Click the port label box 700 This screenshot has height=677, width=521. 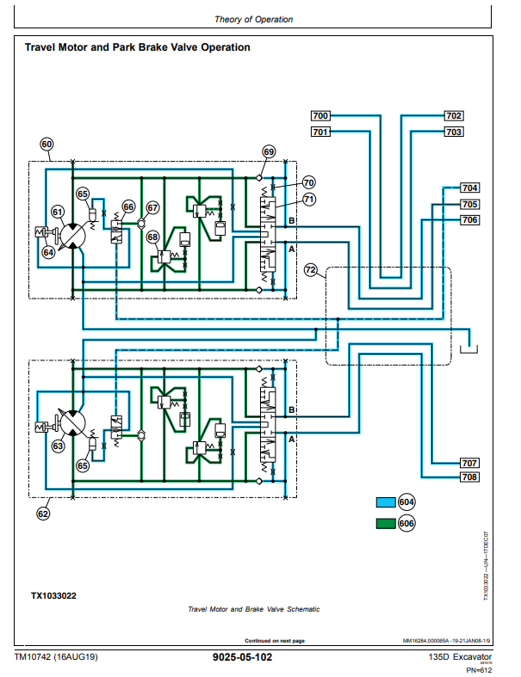[320, 115]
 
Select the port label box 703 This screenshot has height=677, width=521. [454, 132]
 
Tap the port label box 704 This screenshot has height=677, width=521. [470, 188]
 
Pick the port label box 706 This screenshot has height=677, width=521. [470, 220]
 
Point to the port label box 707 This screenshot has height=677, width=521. [469, 463]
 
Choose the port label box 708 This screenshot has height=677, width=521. [469, 477]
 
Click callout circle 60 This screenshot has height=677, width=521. [47, 145]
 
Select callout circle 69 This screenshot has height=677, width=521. [269, 152]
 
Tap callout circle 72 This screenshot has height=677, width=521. [312, 271]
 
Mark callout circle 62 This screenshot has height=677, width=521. [43, 514]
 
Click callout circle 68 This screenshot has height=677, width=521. [152, 237]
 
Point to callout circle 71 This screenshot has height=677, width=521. [308, 200]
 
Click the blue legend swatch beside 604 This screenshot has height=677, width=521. [384, 503]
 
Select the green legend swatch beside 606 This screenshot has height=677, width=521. [384, 523]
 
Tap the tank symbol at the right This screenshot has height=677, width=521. [469, 348]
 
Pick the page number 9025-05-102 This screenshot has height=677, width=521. [242, 657]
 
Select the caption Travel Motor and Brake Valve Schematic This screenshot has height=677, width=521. [253, 609]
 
